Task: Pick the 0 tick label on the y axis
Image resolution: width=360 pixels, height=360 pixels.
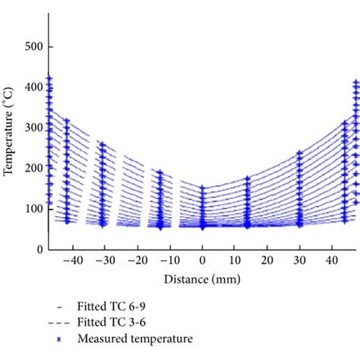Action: tap(39, 249)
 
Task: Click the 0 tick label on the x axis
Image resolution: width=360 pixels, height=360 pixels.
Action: tap(203, 261)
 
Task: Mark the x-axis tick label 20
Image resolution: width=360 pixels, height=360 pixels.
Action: tap(268, 261)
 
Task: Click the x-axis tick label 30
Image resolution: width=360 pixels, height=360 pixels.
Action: tap(300, 261)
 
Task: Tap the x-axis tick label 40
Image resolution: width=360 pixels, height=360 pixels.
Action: tap(333, 261)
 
